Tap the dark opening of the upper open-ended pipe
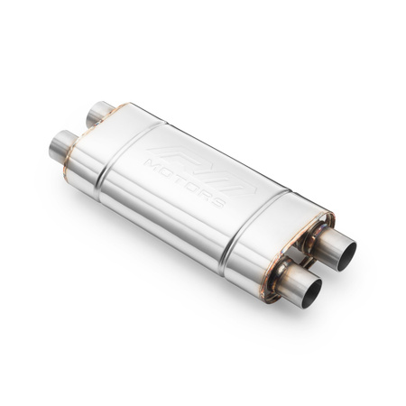[x=346, y=248]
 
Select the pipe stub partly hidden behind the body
[x=98, y=114]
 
